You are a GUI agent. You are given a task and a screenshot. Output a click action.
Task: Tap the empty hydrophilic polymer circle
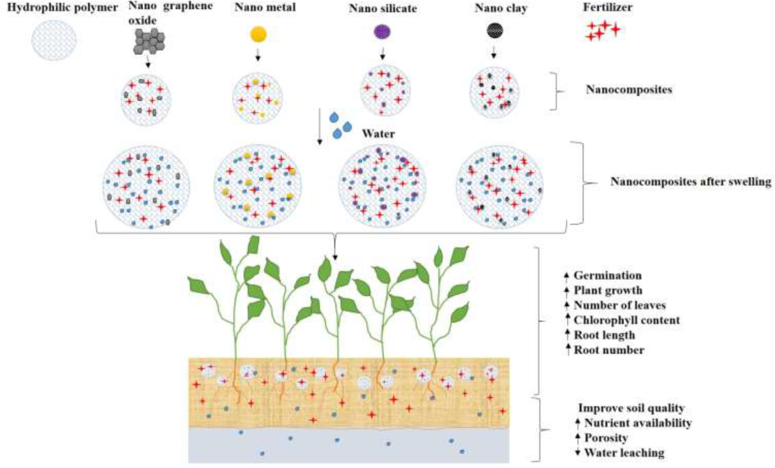[x=54, y=39]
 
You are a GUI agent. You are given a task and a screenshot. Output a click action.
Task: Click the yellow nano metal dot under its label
[x=258, y=34]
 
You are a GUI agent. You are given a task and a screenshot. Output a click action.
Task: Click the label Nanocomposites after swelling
[x=690, y=182]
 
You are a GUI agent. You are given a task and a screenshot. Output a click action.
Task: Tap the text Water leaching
[x=624, y=452]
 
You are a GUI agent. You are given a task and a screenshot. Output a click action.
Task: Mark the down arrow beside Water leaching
[x=577, y=452]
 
